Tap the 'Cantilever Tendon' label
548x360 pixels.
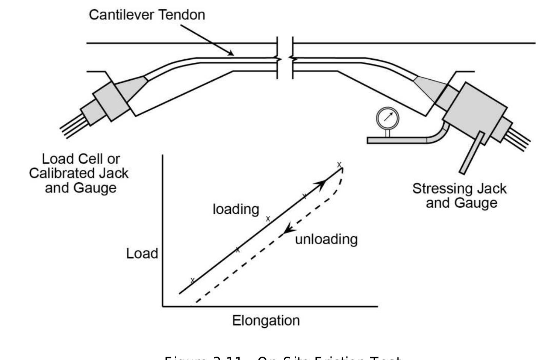(147, 15)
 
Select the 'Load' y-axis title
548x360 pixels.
(142, 254)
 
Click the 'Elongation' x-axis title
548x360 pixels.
(266, 321)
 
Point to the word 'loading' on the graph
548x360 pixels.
(236, 209)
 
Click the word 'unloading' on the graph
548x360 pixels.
(326, 239)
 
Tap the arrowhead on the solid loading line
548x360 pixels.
(320, 184)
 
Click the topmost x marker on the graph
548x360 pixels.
(339, 165)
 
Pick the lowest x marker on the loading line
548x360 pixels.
(192, 280)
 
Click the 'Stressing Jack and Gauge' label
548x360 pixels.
(459, 195)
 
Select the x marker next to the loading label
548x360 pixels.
(268, 219)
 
